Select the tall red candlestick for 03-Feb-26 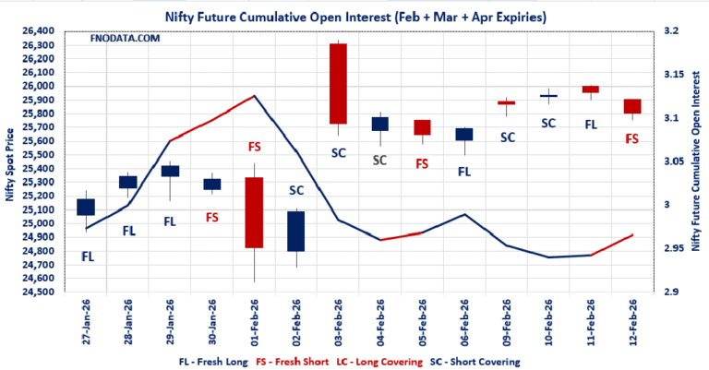pyautogui.click(x=338, y=84)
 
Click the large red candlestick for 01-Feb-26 pyautogui.click(x=254, y=212)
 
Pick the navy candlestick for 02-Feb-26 pyautogui.click(x=296, y=231)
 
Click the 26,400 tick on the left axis pyautogui.click(x=41, y=31)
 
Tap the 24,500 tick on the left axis pyautogui.click(x=41, y=292)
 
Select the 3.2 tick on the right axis pyautogui.click(x=671, y=31)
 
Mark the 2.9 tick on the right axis pyautogui.click(x=671, y=292)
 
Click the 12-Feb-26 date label pyautogui.click(x=632, y=324)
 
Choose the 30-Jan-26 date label pyautogui.click(x=212, y=324)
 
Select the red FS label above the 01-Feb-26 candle pyautogui.click(x=254, y=147)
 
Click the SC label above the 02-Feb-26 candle pyautogui.click(x=296, y=190)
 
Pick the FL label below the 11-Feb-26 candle pyautogui.click(x=591, y=122)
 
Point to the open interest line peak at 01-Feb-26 pyautogui.click(x=254, y=95)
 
